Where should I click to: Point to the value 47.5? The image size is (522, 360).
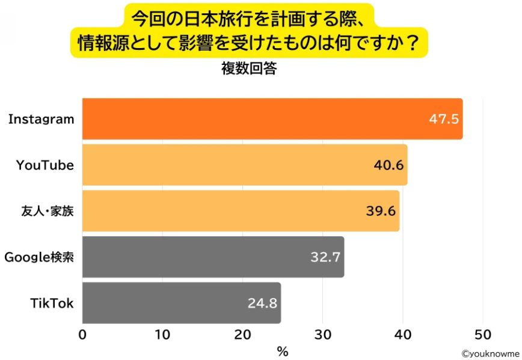pos(444,119)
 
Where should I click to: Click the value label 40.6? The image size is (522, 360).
pos(388,165)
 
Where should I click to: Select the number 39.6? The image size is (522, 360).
pos(381,211)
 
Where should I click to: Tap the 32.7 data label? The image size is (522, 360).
pos(325,257)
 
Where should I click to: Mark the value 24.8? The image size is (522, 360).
pos(262,303)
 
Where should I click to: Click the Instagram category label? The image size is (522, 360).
pos(41,119)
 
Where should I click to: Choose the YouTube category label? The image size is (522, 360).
pos(45,165)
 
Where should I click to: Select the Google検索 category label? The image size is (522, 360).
pos(39,257)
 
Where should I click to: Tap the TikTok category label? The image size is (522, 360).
pos(52,303)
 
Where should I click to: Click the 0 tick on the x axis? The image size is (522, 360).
pos(82,334)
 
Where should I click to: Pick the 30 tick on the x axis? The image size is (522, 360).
pos(323,334)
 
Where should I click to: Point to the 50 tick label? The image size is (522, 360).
pos(483,334)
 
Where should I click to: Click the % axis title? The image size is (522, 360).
pos(283,351)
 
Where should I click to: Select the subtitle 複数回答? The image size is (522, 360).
pos(249,69)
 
